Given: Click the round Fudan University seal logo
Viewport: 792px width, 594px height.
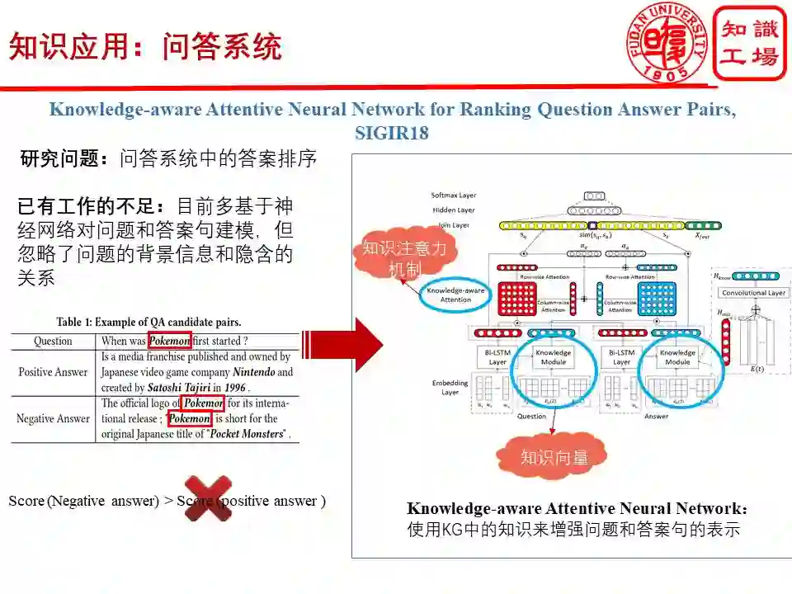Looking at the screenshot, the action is pyautogui.click(x=667, y=42).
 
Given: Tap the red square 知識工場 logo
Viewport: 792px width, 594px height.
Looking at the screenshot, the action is pyautogui.click(x=749, y=43).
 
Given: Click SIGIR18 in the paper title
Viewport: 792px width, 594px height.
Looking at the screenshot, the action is pyautogui.click(x=391, y=133).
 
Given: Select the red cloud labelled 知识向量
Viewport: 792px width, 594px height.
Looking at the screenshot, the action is pyautogui.click(x=554, y=457).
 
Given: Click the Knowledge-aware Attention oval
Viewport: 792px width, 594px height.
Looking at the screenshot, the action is pyautogui.click(x=455, y=295).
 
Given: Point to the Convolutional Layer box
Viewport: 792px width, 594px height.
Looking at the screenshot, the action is pyautogui.click(x=754, y=293).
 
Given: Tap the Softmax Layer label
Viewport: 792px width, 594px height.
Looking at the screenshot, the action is pyautogui.click(x=454, y=196).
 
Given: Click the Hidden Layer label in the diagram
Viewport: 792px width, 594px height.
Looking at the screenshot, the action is pyautogui.click(x=454, y=210).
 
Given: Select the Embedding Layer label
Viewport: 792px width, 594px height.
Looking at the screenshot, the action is pyautogui.click(x=450, y=388).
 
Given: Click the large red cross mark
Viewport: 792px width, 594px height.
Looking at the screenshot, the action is pyautogui.click(x=207, y=498).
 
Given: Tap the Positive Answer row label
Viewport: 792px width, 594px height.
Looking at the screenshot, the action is pyautogui.click(x=53, y=372).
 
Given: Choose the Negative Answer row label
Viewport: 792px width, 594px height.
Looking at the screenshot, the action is pyautogui.click(x=53, y=418).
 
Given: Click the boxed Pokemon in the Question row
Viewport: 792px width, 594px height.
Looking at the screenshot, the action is pyautogui.click(x=169, y=340).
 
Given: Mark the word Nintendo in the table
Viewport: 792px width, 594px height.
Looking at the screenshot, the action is pyautogui.click(x=251, y=372).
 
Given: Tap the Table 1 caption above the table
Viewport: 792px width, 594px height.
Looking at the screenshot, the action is pyautogui.click(x=148, y=322).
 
